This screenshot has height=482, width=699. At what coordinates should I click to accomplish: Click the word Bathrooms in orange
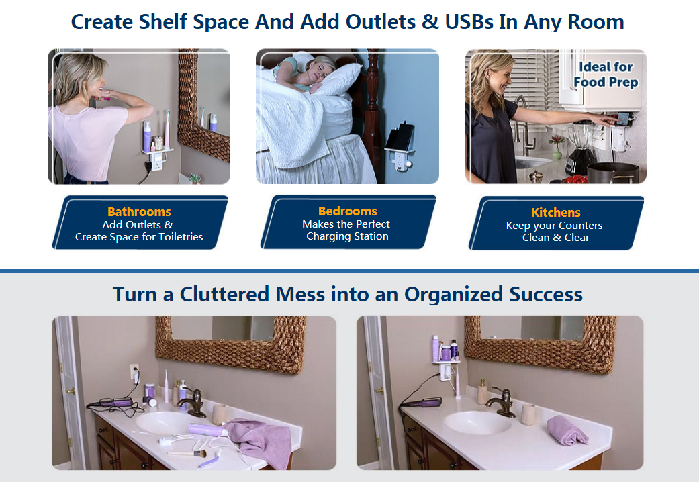coord(139,211)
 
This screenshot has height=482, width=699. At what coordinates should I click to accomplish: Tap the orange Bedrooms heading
coord(348,211)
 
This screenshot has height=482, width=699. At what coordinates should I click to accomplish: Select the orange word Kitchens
coord(556,212)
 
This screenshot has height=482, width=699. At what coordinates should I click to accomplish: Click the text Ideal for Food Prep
coord(606,75)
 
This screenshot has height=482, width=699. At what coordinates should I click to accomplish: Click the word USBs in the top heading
coord(468,22)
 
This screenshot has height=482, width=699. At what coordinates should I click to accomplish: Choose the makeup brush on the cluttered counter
coord(187,454)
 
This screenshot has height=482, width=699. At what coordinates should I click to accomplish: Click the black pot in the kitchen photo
coord(614,173)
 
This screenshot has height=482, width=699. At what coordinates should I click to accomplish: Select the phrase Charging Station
coord(347,236)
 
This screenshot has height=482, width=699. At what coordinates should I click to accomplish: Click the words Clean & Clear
coord(556,238)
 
